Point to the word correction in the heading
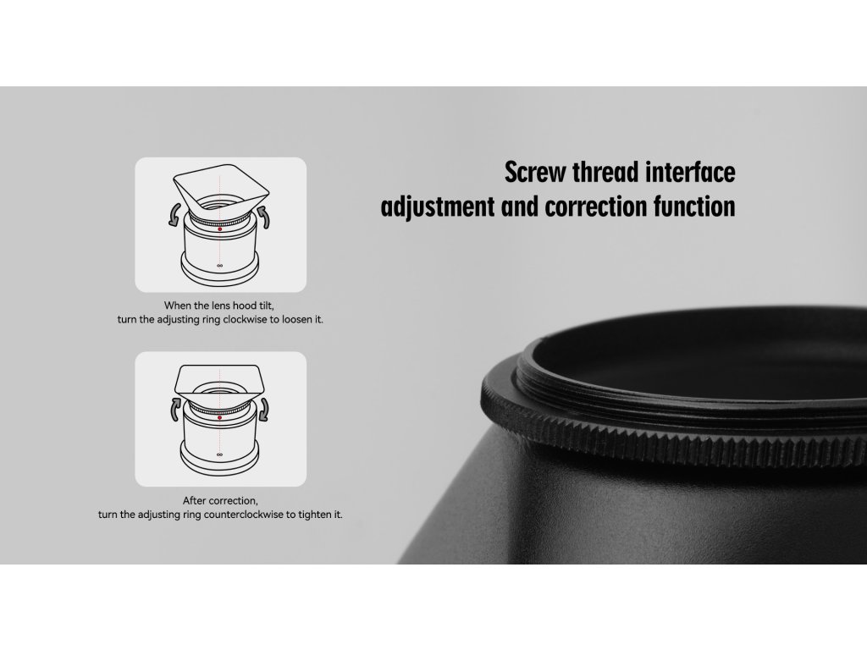tap(596, 207)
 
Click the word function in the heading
tap(694, 207)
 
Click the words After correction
tap(220, 501)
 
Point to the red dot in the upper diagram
tap(220, 229)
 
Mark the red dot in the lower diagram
tap(219, 418)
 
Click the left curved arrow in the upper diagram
tap(174, 214)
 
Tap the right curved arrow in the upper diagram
tap(264, 217)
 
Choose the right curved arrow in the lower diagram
tap(264, 410)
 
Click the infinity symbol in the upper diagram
tap(220, 265)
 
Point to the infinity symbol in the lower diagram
tap(219, 454)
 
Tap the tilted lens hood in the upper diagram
tap(221, 187)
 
